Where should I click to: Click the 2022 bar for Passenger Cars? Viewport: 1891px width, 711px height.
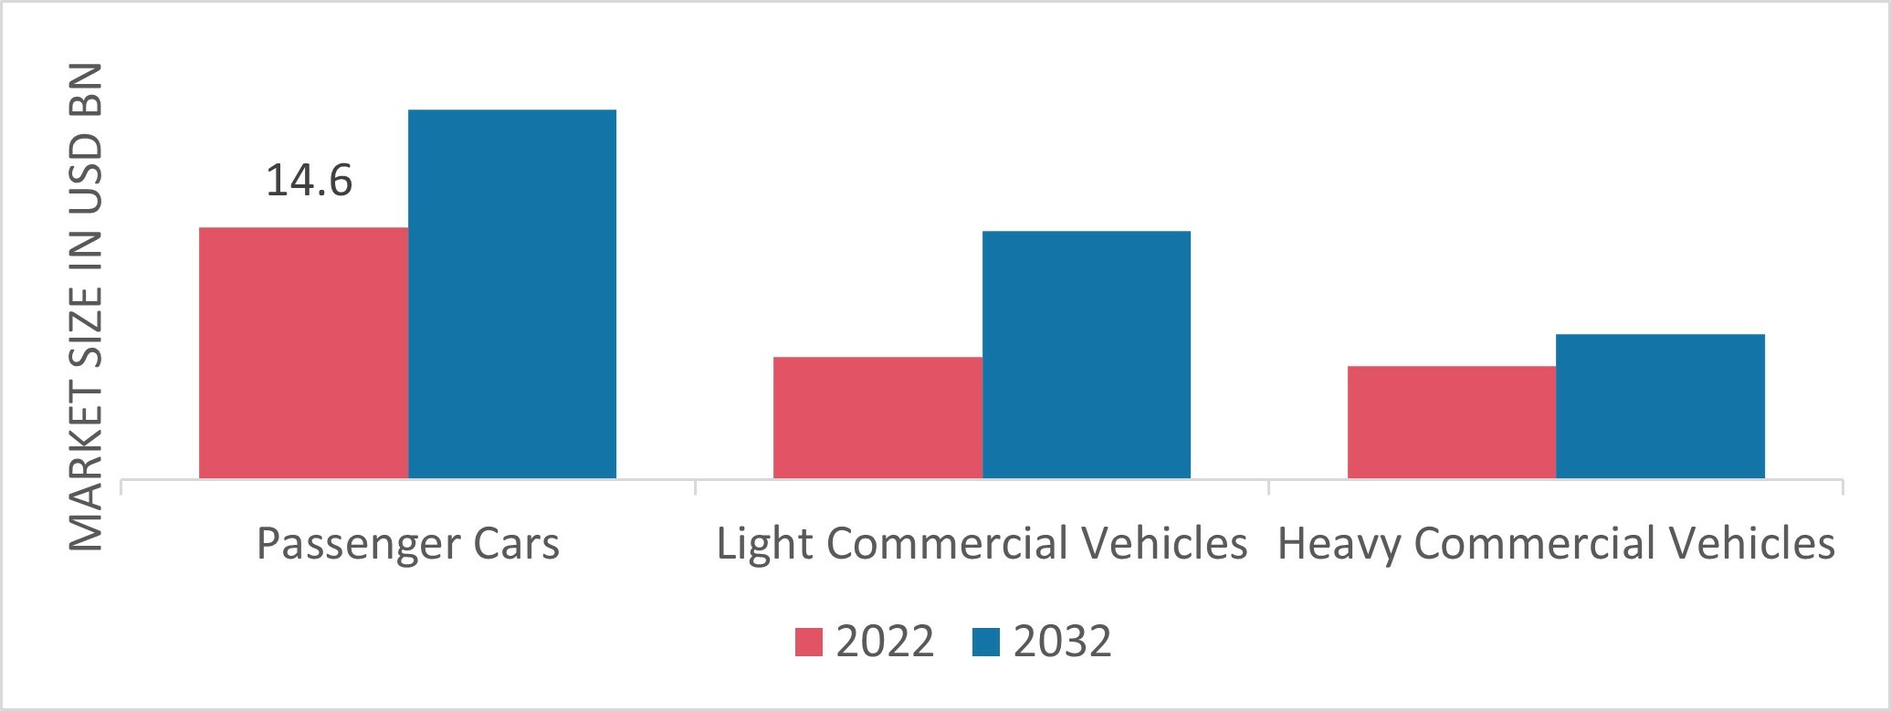[303, 352]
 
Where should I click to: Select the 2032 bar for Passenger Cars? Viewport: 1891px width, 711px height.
[512, 294]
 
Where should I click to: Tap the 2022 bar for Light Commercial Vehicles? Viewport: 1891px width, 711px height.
[877, 417]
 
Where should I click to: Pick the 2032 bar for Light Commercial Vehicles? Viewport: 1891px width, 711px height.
[1087, 354]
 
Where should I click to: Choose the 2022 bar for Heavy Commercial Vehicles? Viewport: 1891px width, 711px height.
[1452, 422]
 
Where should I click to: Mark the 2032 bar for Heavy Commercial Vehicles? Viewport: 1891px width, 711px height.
[1660, 406]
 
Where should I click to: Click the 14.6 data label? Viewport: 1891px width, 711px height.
[309, 181]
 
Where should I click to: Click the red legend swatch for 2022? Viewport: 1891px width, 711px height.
[809, 642]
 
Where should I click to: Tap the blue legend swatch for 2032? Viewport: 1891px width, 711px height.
[987, 642]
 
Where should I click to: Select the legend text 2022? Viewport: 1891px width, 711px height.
[885, 642]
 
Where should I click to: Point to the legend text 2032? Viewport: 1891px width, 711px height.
[1063, 642]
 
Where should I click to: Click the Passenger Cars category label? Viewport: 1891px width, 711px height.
[407, 545]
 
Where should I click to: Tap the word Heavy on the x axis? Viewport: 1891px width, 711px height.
[1334, 545]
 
